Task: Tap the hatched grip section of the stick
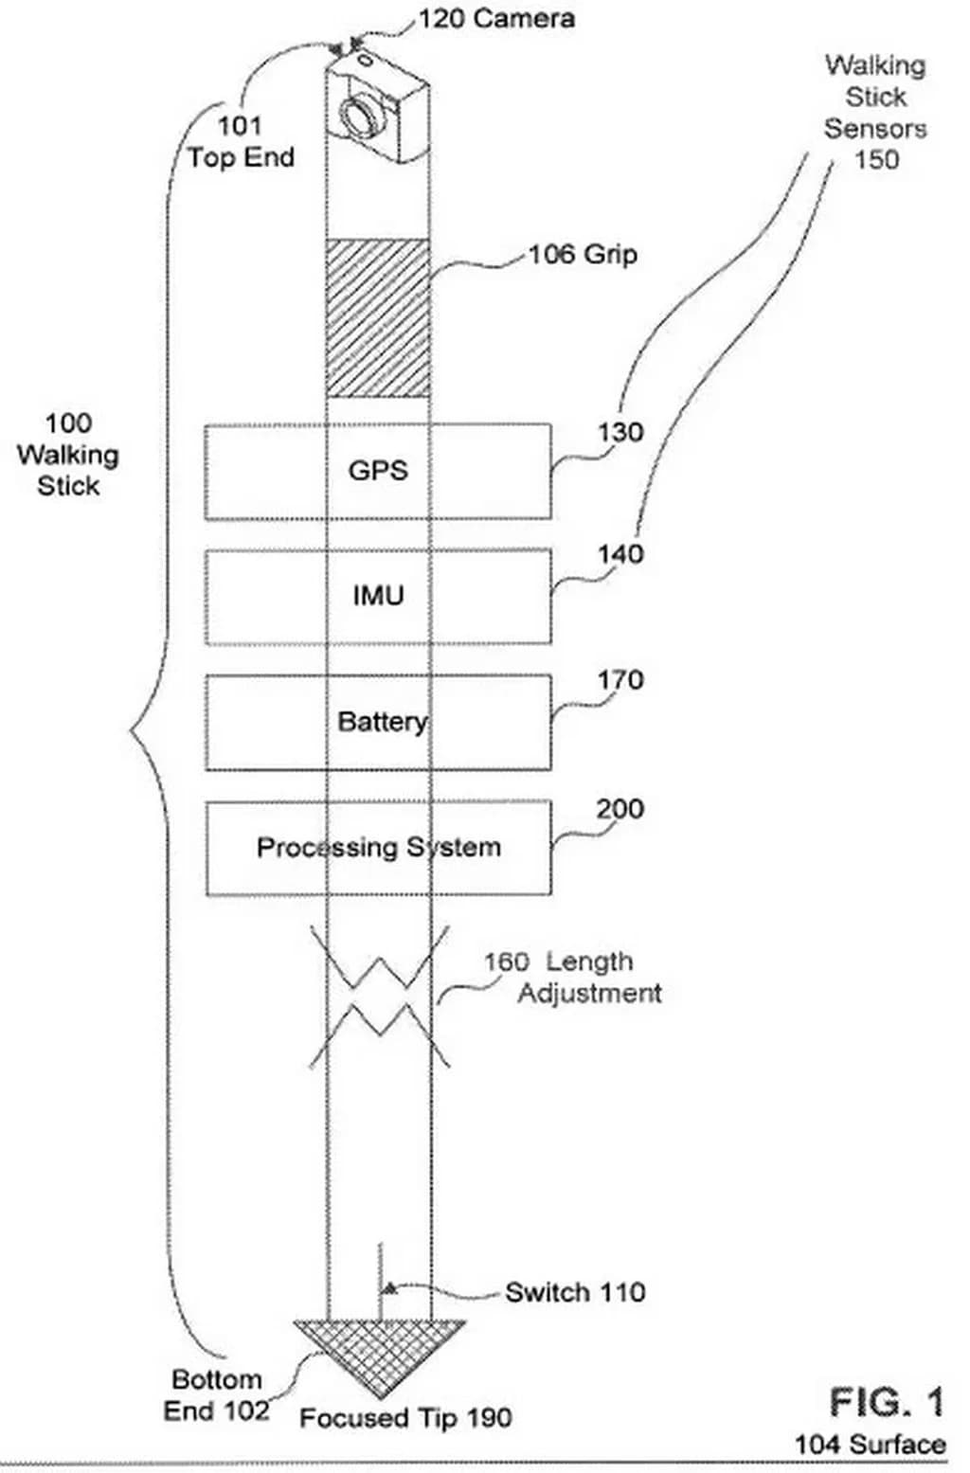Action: (x=377, y=317)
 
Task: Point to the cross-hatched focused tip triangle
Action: (x=378, y=1355)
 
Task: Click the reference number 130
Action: (x=620, y=433)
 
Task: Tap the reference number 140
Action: (x=620, y=553)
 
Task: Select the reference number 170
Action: (x=620, y=680)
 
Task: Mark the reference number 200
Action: (x=620, y=809)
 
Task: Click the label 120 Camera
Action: (x=495, y=19)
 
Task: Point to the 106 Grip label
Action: (x=583, y=254)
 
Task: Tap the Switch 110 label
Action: (x=575, y=1292)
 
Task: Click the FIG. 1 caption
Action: (x=887, y=1402)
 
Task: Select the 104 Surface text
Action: (x=870, y=1445)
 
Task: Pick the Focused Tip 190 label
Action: (x=405, y=1418)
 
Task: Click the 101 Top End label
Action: (x=241, y=141)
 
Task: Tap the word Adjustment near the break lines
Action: (x=589, y=994)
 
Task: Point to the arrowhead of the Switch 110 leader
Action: (x=387, y=1287)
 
